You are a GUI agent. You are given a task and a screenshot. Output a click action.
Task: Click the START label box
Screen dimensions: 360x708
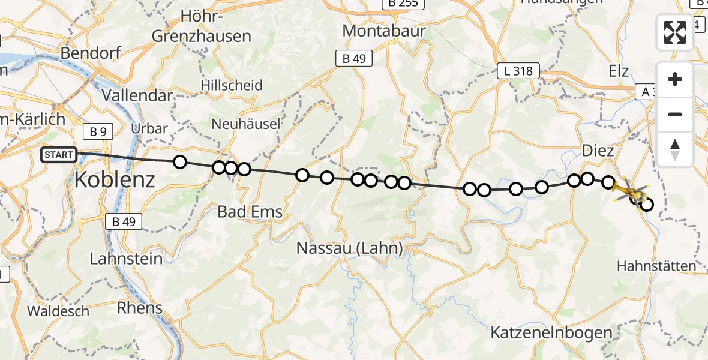click(x=59, y=155)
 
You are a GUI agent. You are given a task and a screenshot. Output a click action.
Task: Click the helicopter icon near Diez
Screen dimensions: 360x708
click(x=629, y=191)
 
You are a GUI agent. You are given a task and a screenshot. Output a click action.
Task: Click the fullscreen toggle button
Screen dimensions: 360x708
click(x=675, y=32)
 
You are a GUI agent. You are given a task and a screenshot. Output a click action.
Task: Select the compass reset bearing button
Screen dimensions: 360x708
click(x=675, y=149)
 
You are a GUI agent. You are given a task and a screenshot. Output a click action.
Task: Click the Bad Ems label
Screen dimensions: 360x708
click(x=250, y=212)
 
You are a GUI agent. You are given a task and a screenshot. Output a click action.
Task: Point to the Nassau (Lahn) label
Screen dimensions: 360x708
click(x=350, y=248)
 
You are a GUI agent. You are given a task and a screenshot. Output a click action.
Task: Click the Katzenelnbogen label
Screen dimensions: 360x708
click(x=551, y=332)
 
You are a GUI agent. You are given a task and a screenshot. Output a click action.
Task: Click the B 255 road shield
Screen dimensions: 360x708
click(x=403, y=4)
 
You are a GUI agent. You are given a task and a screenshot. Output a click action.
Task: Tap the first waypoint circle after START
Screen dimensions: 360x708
click(x=179, y=161)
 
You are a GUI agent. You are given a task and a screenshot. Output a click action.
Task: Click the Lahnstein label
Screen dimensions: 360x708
click(x=126, y=259)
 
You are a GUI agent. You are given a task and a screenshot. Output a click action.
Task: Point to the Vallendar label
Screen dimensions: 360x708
click(x=137, y=95)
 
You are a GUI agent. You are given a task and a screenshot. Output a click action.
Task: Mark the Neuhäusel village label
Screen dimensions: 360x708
click(x=246, y=124)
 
